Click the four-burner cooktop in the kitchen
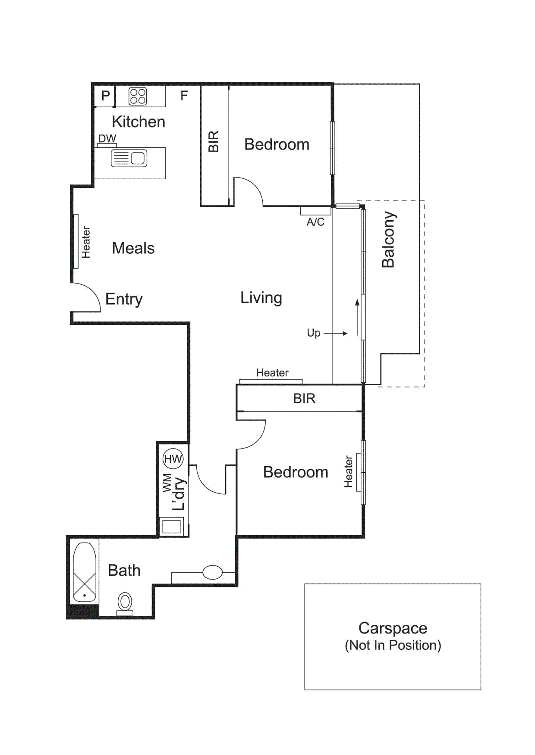(x=138, y=97)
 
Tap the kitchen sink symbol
(x=129, y=158)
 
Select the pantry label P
(x=105, y=96)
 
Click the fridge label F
(x=184, y=96)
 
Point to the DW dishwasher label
(x=107, y=138)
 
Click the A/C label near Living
(x=315, y=222)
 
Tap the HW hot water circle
(x=173, y=459)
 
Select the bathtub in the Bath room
(x=85, y=572)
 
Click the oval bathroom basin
(x=212, y=572)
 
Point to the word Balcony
(x=388, y=240)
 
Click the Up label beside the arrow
(x=314, y=333)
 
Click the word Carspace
(x=393, y=628)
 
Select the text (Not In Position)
(x=393, y=646)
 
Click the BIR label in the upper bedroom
(x=214, y=141)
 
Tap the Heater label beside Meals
(x=86, y=242)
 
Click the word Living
(x=261, y=298)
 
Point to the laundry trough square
(x=172, y=527)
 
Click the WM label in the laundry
(x=167, y=483)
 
